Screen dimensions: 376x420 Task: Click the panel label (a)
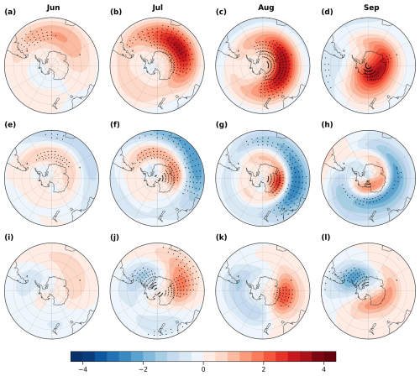point(9,13)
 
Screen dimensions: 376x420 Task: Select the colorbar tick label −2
point(143,368)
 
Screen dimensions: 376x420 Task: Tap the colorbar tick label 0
point(203,368)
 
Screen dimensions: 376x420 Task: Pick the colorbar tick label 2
point(263,368)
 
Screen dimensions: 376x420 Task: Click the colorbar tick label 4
point(323,368)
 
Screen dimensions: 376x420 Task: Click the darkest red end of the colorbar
point(332,356)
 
